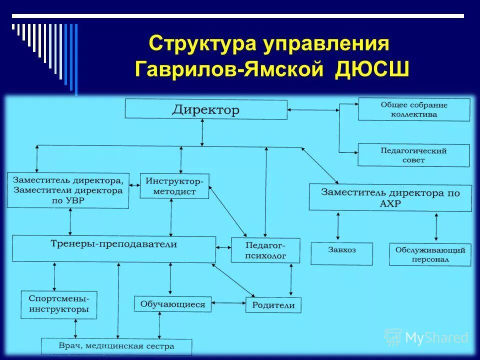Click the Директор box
pos(206,109)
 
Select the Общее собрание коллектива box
pos(414,109)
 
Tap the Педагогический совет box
pos(413,155)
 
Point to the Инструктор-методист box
pos(174,185)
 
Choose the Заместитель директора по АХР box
pos(390,197)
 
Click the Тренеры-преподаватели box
pos(114,248)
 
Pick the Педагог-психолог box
pos(265,250)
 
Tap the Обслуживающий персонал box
pos(430,254)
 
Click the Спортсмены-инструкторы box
pos(59,304)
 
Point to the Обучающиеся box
pos(172,304)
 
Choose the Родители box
pos(273,305)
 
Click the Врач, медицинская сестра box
pos(116,346)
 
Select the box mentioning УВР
pos(68,190)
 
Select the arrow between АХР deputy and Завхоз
pos(339,226)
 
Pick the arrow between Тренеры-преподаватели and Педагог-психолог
pos(223,247)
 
